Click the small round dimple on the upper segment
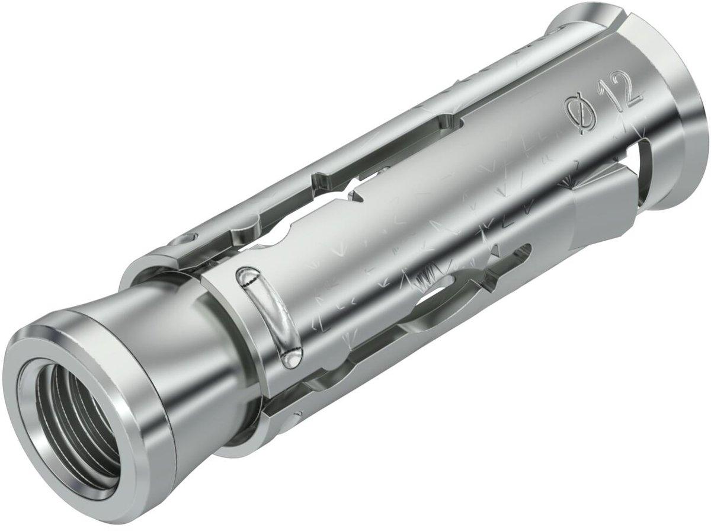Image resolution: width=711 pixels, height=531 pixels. [x=185, y=241]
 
